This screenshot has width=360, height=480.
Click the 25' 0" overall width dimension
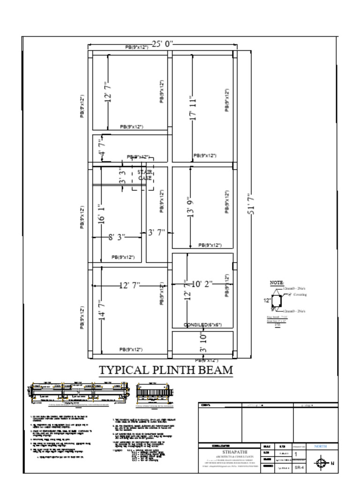162,44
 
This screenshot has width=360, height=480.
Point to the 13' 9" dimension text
190,207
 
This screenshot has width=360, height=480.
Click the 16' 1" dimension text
100,214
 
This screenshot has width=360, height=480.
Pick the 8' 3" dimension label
117,237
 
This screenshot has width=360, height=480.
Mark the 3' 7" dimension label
157,232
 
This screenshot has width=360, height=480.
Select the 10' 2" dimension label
202,284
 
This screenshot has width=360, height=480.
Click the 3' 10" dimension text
203,343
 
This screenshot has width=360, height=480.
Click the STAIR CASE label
144,175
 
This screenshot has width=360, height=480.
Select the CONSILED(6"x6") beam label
202,325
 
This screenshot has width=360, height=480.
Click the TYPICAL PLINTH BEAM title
166,370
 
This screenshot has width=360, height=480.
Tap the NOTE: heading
277,283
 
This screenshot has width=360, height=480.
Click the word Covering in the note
300,295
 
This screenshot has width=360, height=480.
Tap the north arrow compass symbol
321,463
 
